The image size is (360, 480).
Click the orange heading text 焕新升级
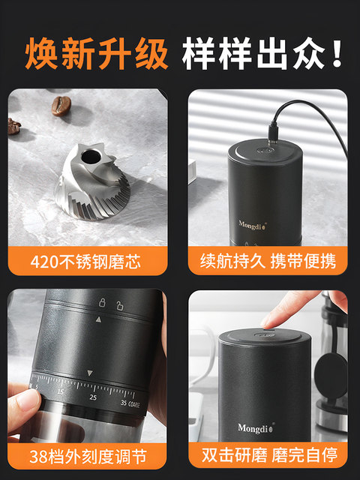(96, 54)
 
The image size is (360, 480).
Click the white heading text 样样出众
(262, 54)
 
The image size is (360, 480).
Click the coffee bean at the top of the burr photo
(61, 105)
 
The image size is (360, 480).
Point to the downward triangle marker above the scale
(89, 373)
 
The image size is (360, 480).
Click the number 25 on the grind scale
(92, 397)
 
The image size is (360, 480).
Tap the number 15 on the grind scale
(59, 391)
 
